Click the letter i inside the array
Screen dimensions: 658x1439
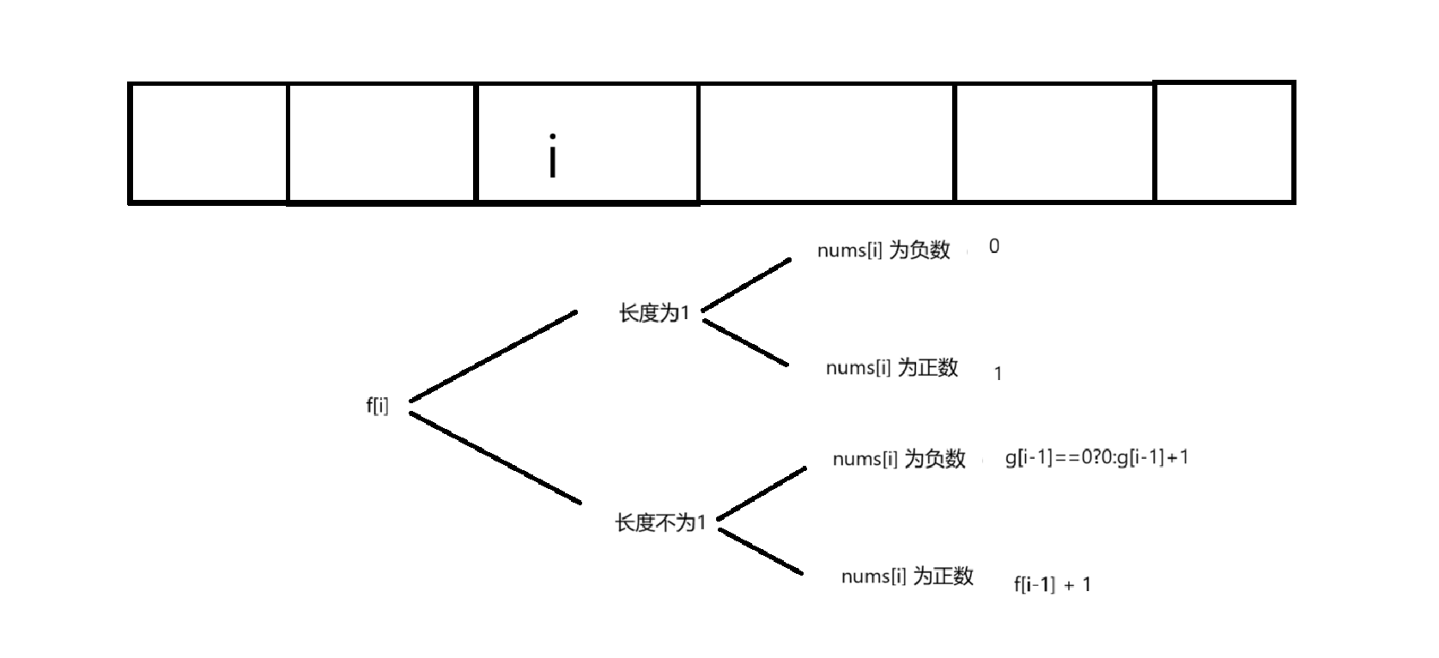pos(553,156)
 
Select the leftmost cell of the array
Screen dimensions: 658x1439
pos(208,143)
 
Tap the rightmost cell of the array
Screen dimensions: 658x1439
pos(1224,142)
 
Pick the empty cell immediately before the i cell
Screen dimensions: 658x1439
pos(381,143)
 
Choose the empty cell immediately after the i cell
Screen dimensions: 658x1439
pos(826,143)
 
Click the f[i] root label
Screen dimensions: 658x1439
pos(377,405)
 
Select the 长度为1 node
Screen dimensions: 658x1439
pos(654,313)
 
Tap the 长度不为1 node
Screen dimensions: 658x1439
pos(660,522)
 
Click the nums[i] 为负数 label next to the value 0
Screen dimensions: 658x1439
pos(883,250)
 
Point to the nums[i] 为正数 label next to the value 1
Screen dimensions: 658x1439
pos(892,368)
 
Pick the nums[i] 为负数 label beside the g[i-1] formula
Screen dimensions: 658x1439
pos(899,459)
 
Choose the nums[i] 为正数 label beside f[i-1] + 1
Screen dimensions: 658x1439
pos(908,576)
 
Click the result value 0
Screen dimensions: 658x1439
pos(994,247)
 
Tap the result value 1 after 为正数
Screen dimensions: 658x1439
pos(998,374)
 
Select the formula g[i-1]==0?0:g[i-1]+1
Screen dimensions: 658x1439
pos(1096,457)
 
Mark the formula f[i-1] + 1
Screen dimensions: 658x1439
pos(1052,585)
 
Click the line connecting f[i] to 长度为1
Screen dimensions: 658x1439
pos(493,356)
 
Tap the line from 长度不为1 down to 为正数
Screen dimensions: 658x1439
pos(760,552)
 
